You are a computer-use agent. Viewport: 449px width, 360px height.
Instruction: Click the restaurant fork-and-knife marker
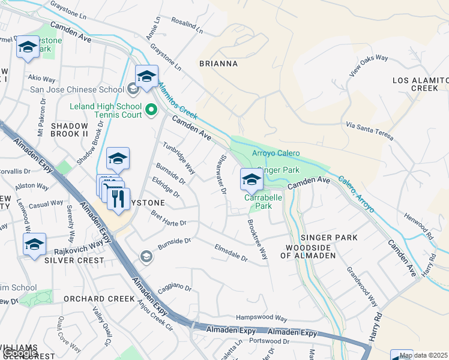(x=118, y=197)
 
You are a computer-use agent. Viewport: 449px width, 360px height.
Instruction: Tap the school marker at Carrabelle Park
(x=252, y=179)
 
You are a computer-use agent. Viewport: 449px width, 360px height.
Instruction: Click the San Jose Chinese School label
(x=77, y=90)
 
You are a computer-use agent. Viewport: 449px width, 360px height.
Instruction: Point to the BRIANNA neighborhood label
(x=218, y=64)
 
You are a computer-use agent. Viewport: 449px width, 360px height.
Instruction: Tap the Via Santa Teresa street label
(x=370, y=131)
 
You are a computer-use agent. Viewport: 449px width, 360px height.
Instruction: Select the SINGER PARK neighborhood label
(x=329, y=238)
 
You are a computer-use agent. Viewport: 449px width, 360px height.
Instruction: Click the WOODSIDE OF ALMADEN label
(x=310, y=251)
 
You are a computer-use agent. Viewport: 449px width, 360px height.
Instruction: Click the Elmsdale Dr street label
(x=231, y=252)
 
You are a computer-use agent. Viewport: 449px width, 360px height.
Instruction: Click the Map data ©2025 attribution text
(x=423, y=355)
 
